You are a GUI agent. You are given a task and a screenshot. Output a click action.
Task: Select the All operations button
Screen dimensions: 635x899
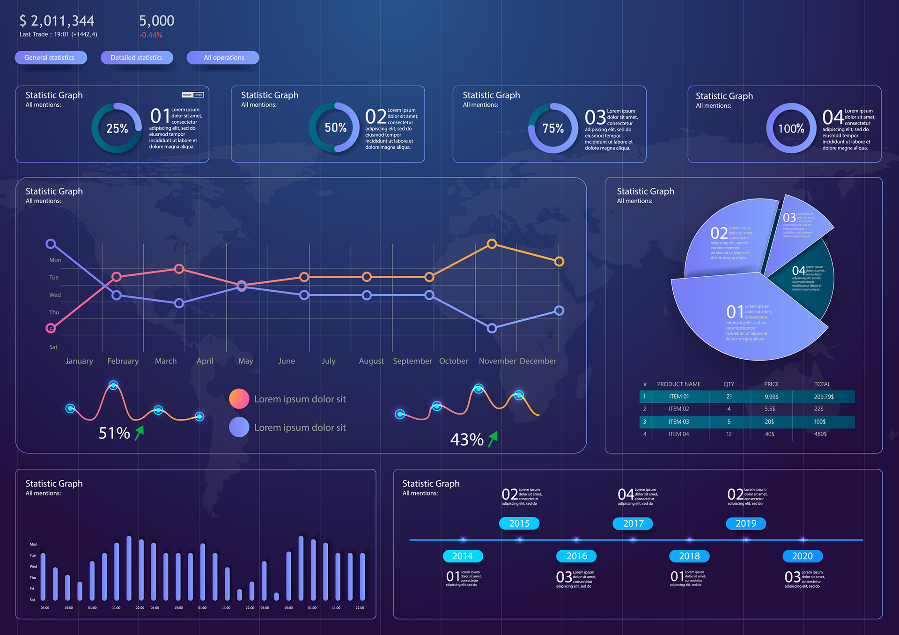pyautogui.click(x=223, y=58)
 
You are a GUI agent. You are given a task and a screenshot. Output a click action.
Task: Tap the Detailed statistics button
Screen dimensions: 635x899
pyautogui.click(x=137, y=58)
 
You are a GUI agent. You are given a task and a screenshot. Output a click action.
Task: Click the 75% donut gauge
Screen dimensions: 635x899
pyautogui.click(x=553, y=128)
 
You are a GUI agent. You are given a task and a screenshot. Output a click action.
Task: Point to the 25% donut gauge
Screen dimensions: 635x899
pyautogui.click(x=117, y=128)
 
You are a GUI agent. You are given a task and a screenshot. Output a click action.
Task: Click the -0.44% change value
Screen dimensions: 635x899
pyautogui.click(x=151, y=35)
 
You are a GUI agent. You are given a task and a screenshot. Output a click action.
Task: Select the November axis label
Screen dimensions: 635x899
pyautogui.click(x=497, y=361)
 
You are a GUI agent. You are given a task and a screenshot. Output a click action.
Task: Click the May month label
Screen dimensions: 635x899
pyautogui.click(x=245, y=361)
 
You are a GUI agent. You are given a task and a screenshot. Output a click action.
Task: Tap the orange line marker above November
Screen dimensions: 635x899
pyautogui.click(x=492, y=244)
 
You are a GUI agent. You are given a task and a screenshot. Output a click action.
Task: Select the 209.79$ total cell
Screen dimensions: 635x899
pyautogui.click(x=824, y=397)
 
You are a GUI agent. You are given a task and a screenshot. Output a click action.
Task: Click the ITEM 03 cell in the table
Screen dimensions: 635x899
pyautogui.click(x=678, y=421)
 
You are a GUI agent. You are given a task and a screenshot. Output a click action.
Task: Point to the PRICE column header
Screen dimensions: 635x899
pyautogui.click(x=771, y=384)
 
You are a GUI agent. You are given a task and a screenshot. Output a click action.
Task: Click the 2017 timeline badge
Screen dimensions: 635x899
pyautogui.click(x=633, y=524)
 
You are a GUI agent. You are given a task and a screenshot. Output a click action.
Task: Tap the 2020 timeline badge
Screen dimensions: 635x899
pyautogui.click(x=802, y=556)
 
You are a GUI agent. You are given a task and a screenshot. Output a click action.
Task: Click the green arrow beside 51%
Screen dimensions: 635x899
pyautogui.click(x=140, y=433)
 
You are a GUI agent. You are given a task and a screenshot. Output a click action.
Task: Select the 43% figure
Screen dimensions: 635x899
pyautogui.click(x=466, y=440)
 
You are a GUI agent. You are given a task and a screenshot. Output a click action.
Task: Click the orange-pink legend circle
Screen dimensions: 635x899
pyautogui.click(x=239, y=399)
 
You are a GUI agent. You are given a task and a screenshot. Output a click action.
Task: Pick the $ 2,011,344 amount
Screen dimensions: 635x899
pyautogui.click(x=57, y=21)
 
